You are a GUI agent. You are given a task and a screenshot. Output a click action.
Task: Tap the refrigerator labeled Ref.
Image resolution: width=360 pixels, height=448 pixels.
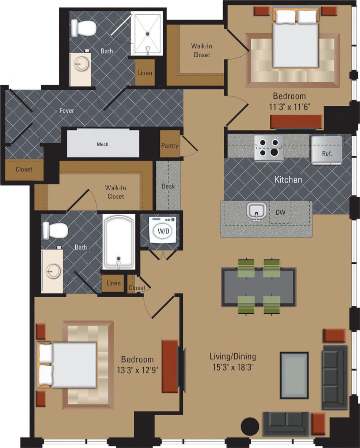click(326, 150)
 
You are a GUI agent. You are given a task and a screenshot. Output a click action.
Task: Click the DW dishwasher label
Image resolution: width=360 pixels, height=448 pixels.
click(281, 212)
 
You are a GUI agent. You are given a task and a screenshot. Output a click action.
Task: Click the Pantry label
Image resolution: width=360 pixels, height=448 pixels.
click(170, 146)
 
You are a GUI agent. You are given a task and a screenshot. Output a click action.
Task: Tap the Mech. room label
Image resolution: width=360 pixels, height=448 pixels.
click(103, 144)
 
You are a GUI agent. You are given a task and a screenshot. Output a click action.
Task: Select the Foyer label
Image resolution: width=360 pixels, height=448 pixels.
click(67, 110)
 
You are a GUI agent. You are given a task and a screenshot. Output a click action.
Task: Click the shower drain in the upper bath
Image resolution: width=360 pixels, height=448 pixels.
click(148, 34)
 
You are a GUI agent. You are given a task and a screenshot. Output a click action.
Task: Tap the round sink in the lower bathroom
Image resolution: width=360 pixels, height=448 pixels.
click(51, 271)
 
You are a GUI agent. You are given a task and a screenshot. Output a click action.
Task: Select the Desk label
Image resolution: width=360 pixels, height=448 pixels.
click(168, 186)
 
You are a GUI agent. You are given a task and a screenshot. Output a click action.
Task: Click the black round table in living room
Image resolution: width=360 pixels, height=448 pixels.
click(250, 426)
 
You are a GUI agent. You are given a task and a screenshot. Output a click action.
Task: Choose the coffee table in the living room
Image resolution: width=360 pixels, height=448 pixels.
click(294, 375)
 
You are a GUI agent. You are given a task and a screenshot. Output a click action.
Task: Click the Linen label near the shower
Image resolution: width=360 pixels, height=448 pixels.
click(145, 73)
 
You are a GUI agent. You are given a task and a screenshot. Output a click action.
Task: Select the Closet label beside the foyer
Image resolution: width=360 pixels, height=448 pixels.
click(24, 169)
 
